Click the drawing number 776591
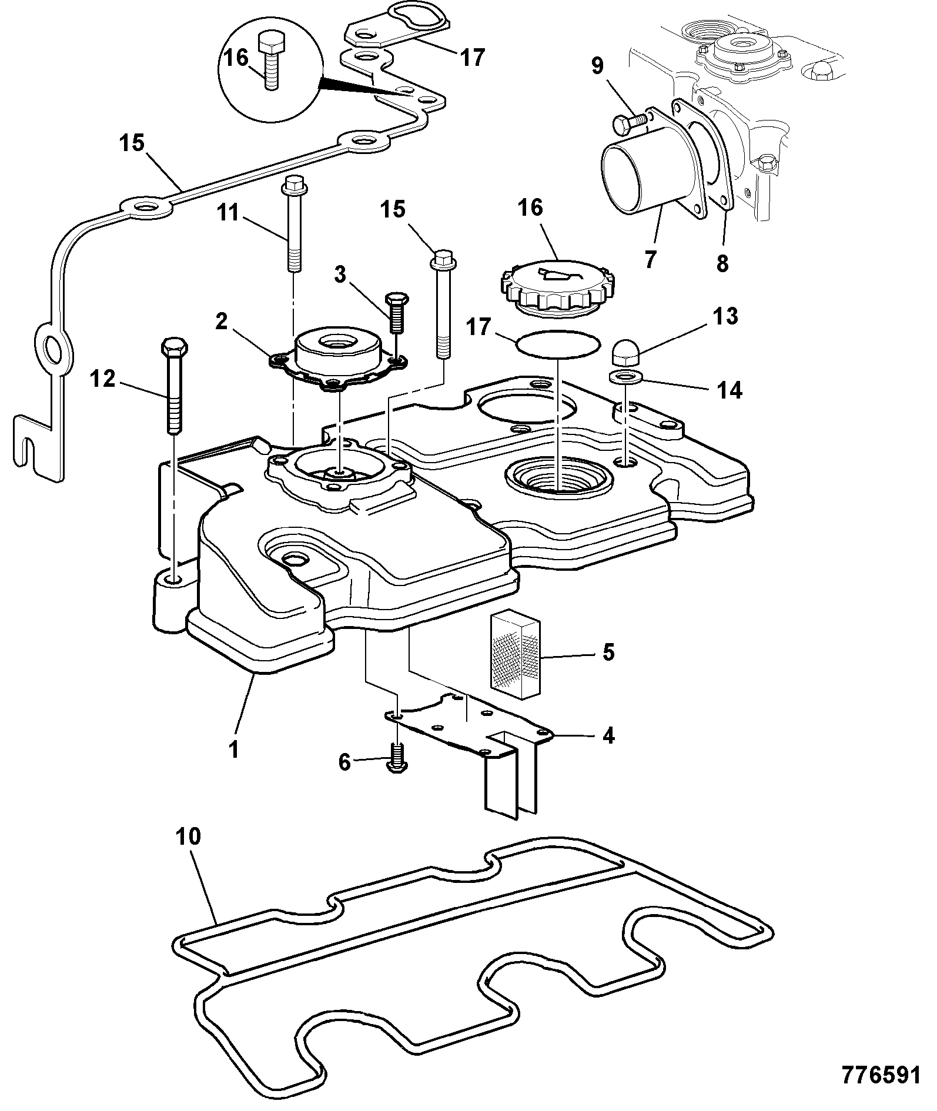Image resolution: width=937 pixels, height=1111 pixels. point(881,1075)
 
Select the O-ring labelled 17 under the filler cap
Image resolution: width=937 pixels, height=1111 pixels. point(557,345)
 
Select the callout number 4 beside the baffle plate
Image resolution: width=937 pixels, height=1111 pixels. point(608,735)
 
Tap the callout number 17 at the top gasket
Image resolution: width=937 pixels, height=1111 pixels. point(472,57)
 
